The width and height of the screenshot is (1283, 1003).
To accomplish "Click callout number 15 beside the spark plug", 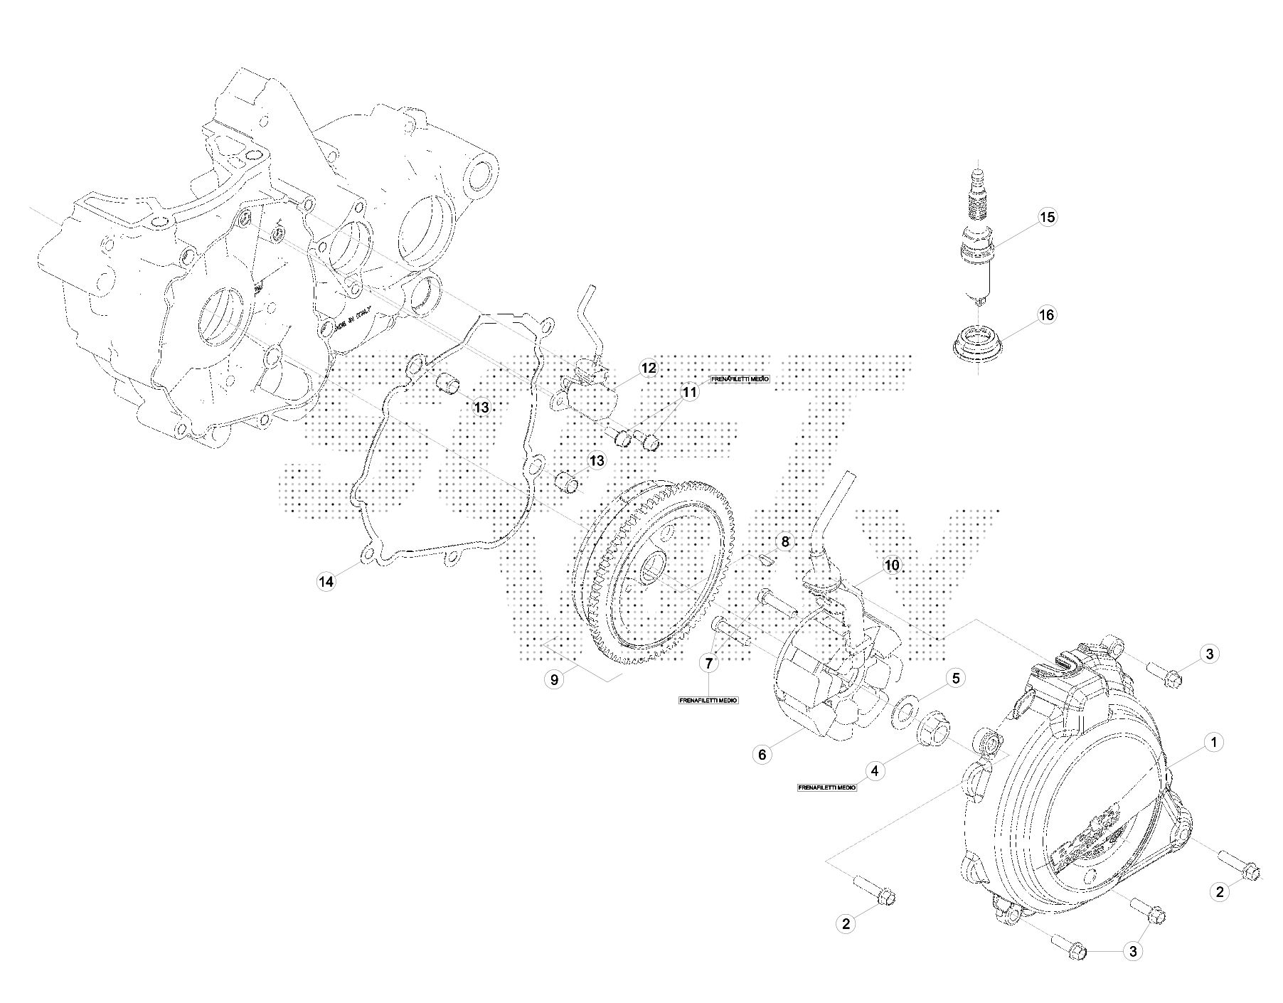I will coord(1047,217).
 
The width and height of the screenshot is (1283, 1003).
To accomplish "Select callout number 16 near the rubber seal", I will coord(1047,314).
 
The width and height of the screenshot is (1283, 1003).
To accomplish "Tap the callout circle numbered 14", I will coord(326,582).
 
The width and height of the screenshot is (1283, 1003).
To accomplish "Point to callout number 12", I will coord(648,368).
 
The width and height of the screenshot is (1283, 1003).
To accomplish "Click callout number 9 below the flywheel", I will coord(554,679).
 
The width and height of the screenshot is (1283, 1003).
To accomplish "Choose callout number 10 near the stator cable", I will coord(891,566).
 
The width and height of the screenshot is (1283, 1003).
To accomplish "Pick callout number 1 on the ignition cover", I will coord(1213,743).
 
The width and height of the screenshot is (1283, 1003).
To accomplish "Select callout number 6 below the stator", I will coord(762,755).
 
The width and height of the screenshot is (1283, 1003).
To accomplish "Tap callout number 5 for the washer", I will coord(955,679).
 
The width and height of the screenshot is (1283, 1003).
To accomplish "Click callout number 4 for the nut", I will coord(875,771).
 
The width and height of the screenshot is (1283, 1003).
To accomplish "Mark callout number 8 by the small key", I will coord(784,542).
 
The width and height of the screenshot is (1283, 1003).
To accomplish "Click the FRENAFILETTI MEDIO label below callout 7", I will coord(708,701).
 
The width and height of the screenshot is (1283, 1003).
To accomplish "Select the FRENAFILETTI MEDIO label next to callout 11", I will coord(740,379).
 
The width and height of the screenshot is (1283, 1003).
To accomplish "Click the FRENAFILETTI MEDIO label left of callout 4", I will coord(827,788).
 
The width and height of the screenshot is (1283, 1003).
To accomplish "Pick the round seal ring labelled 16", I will coord(979,345).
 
